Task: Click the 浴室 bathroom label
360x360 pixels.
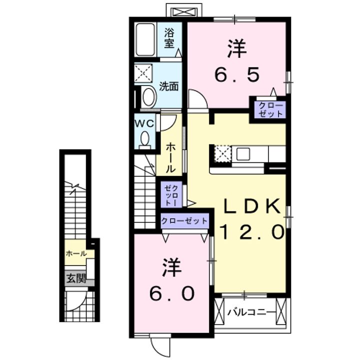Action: [169, 39]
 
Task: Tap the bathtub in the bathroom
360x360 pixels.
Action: [146, 39]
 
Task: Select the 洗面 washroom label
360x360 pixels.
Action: [169, 85]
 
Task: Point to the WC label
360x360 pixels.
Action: [145, 122]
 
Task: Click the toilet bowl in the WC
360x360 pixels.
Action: [145, 138]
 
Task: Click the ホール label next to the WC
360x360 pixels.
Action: [170, 156]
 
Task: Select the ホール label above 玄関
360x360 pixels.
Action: [76, 253]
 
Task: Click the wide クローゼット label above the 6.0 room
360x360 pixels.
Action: [184, 220]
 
